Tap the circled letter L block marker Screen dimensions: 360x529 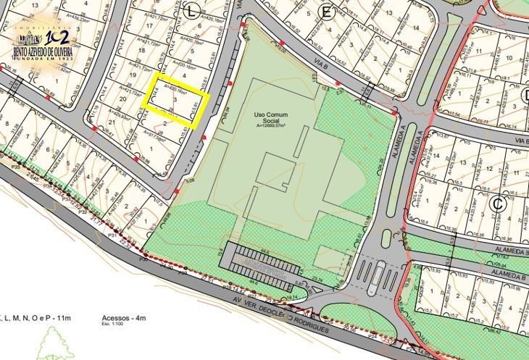pos(191,10)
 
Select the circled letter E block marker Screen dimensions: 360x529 pos(326,12)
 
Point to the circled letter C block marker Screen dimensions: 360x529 pos(497,205)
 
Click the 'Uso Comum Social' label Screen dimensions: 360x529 pos(269,120)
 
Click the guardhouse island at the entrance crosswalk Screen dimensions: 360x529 pos(378,276)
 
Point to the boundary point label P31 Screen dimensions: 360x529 pos(113,235)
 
